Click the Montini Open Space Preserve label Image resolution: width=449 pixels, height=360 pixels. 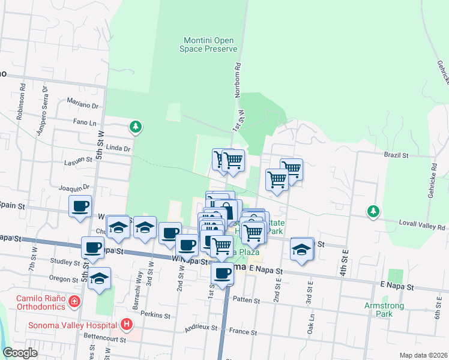point(210,44)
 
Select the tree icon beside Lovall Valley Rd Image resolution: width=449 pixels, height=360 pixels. point(373,211)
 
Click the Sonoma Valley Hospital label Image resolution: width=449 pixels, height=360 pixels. point(71,326)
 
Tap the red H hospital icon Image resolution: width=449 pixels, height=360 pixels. point(126,325)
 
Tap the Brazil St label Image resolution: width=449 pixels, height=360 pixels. point(396,155)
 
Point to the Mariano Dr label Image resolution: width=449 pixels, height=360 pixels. point(82,103)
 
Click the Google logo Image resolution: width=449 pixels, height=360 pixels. point(20,353)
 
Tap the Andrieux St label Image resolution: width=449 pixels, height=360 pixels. point(201,329)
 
